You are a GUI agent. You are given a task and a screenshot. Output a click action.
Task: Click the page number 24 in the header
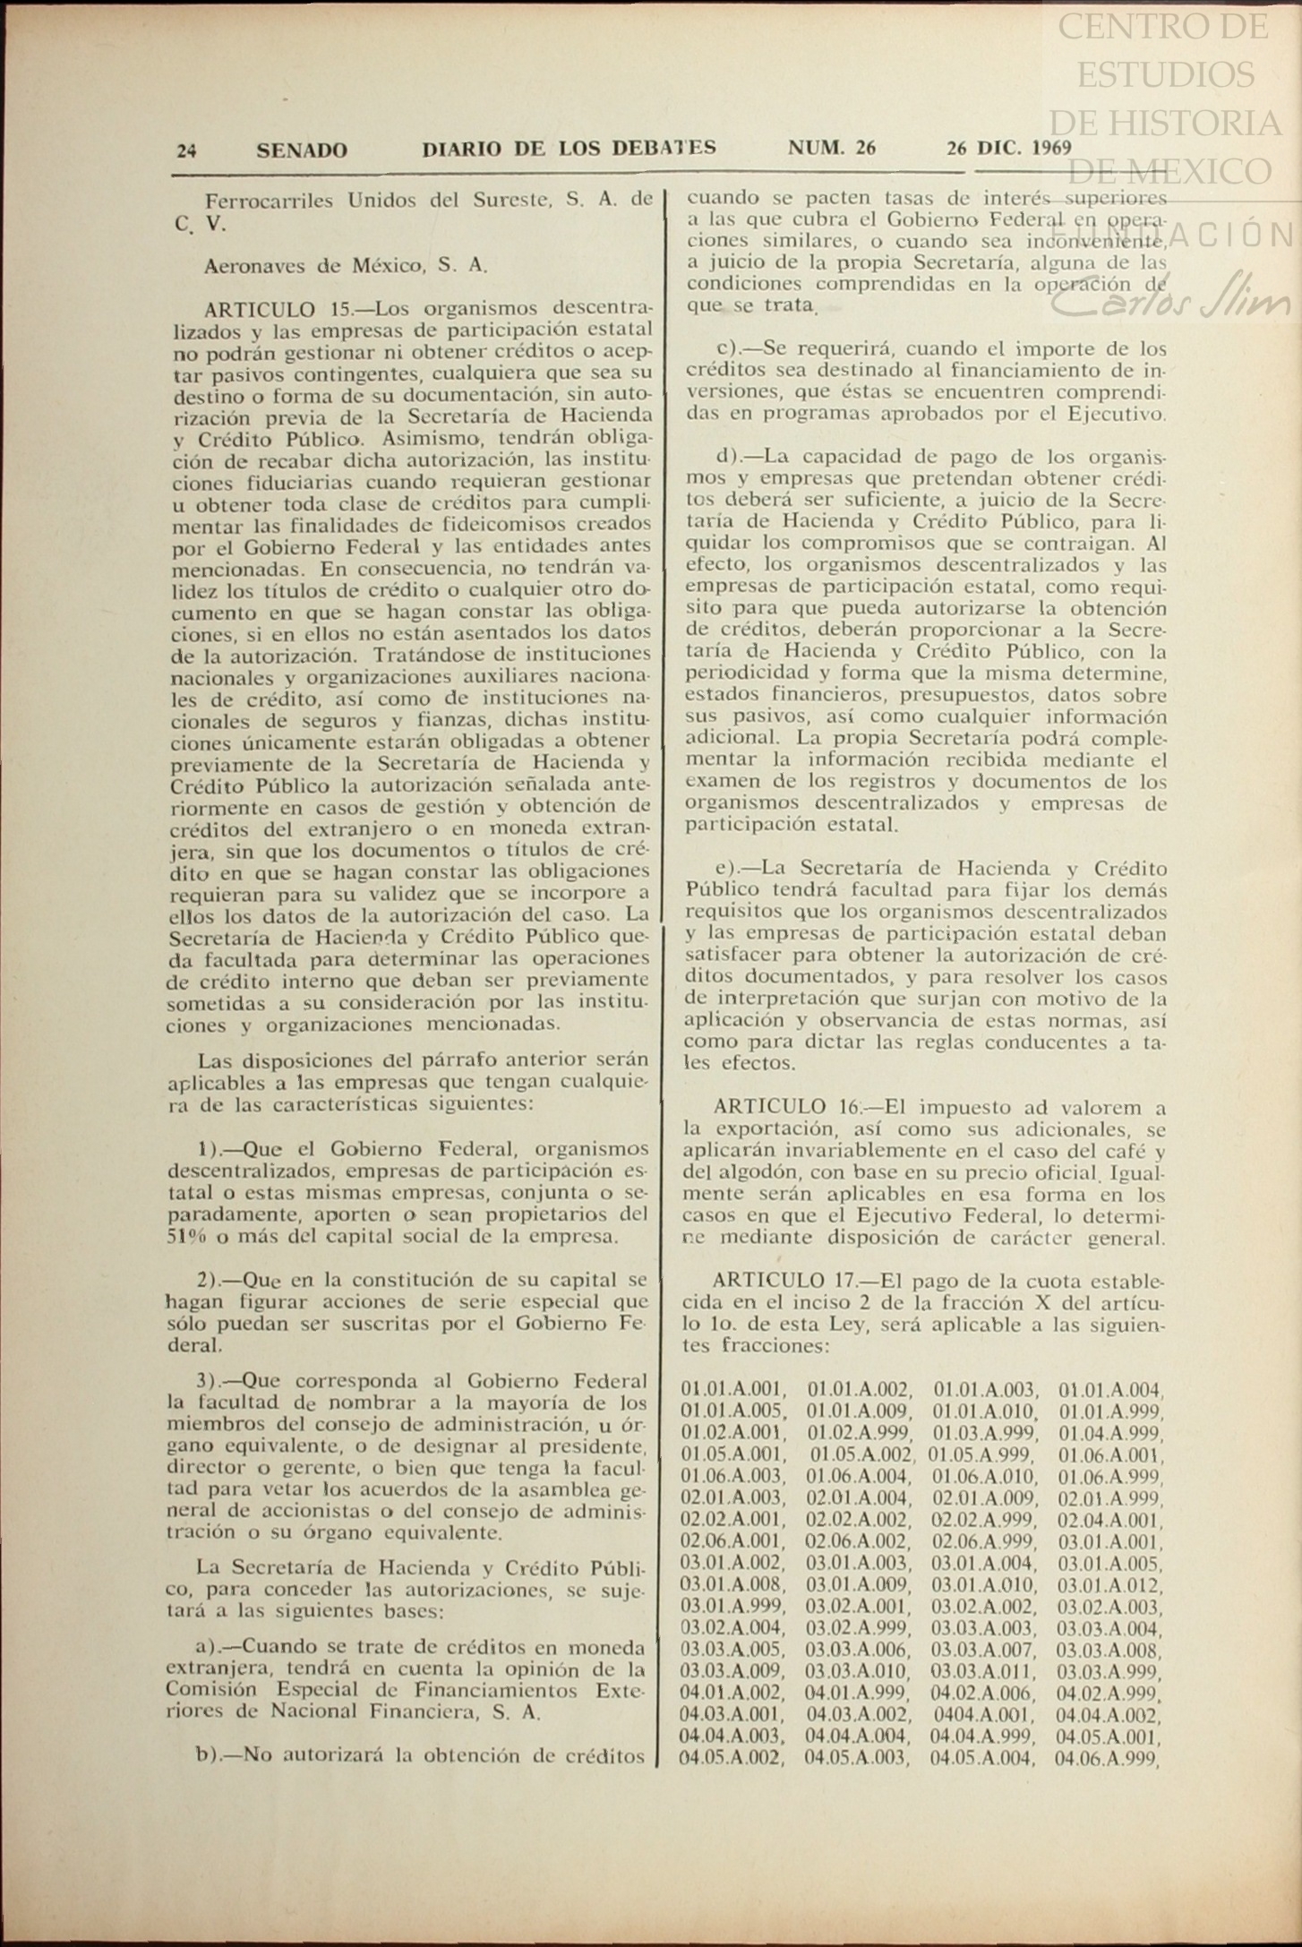coord(186,150)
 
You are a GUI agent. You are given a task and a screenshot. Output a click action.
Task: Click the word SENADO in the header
coord(302,150)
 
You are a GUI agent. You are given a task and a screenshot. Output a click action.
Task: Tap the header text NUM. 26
coord(832,148)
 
